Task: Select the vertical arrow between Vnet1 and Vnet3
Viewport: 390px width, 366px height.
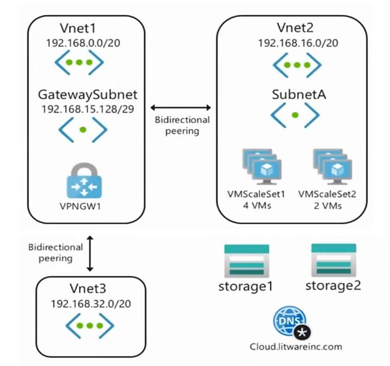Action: click(91, 253)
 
